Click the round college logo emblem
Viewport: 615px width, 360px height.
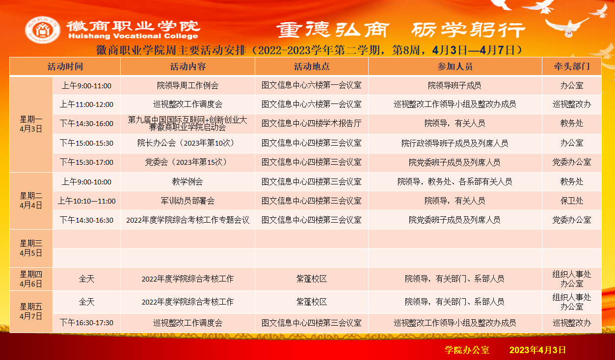pos(43,30)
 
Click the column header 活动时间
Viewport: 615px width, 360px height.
pos(65,66)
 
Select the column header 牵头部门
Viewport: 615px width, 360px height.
pos(572,66)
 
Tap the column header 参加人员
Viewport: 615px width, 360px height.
pos(455,66)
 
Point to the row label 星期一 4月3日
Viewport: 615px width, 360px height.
pos(31,124)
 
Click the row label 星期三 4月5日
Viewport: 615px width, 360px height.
pos(31,248)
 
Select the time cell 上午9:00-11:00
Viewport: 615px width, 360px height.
pos(86,86)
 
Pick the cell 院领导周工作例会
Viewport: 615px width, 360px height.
pos(187,86)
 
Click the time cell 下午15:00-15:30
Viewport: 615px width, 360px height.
pos(86,143)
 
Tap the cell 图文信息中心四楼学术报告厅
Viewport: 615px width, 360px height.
pos(311,124)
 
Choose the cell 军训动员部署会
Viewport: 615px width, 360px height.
pos(187,201)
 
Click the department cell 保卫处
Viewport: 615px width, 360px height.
pos(572,201)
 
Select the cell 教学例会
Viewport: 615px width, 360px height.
pos(187,181)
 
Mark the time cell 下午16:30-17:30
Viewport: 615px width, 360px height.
pos(86,323)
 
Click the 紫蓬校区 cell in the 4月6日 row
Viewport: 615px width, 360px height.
pos(311,279)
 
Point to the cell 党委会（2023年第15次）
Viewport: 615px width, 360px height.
pos(187,162)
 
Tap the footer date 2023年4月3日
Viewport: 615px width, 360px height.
pos(537,350)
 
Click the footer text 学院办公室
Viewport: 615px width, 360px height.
pos(467,350)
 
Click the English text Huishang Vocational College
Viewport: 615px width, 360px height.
pos(133,36)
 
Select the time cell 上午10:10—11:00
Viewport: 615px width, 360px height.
pos(86,201)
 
